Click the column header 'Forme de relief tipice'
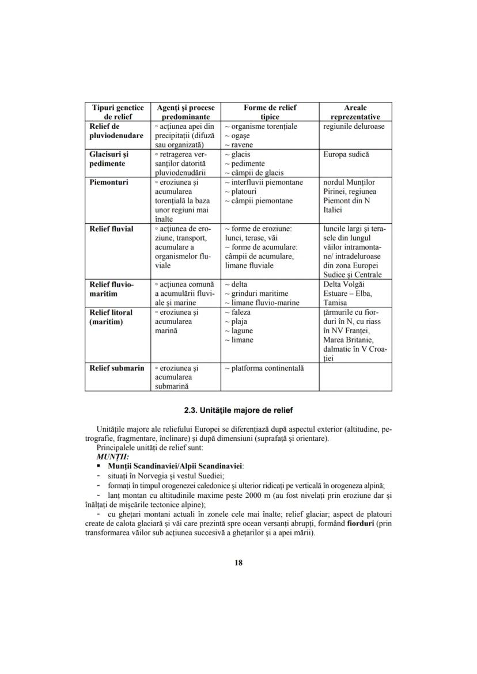tap(270, 112)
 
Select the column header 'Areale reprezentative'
tap(355, 112)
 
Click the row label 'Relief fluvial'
tap(111, 229)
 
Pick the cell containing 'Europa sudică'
tap(346, 155)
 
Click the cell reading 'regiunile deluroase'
tap(354, 127)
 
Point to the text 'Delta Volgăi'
tap(344, 284)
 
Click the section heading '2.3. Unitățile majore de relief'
tap(238, 410)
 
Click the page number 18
tap(238, 562)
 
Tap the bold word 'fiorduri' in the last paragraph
tap(356, 523)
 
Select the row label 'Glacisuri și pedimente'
tap(109, 159)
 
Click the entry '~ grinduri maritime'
tap(256, 294)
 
